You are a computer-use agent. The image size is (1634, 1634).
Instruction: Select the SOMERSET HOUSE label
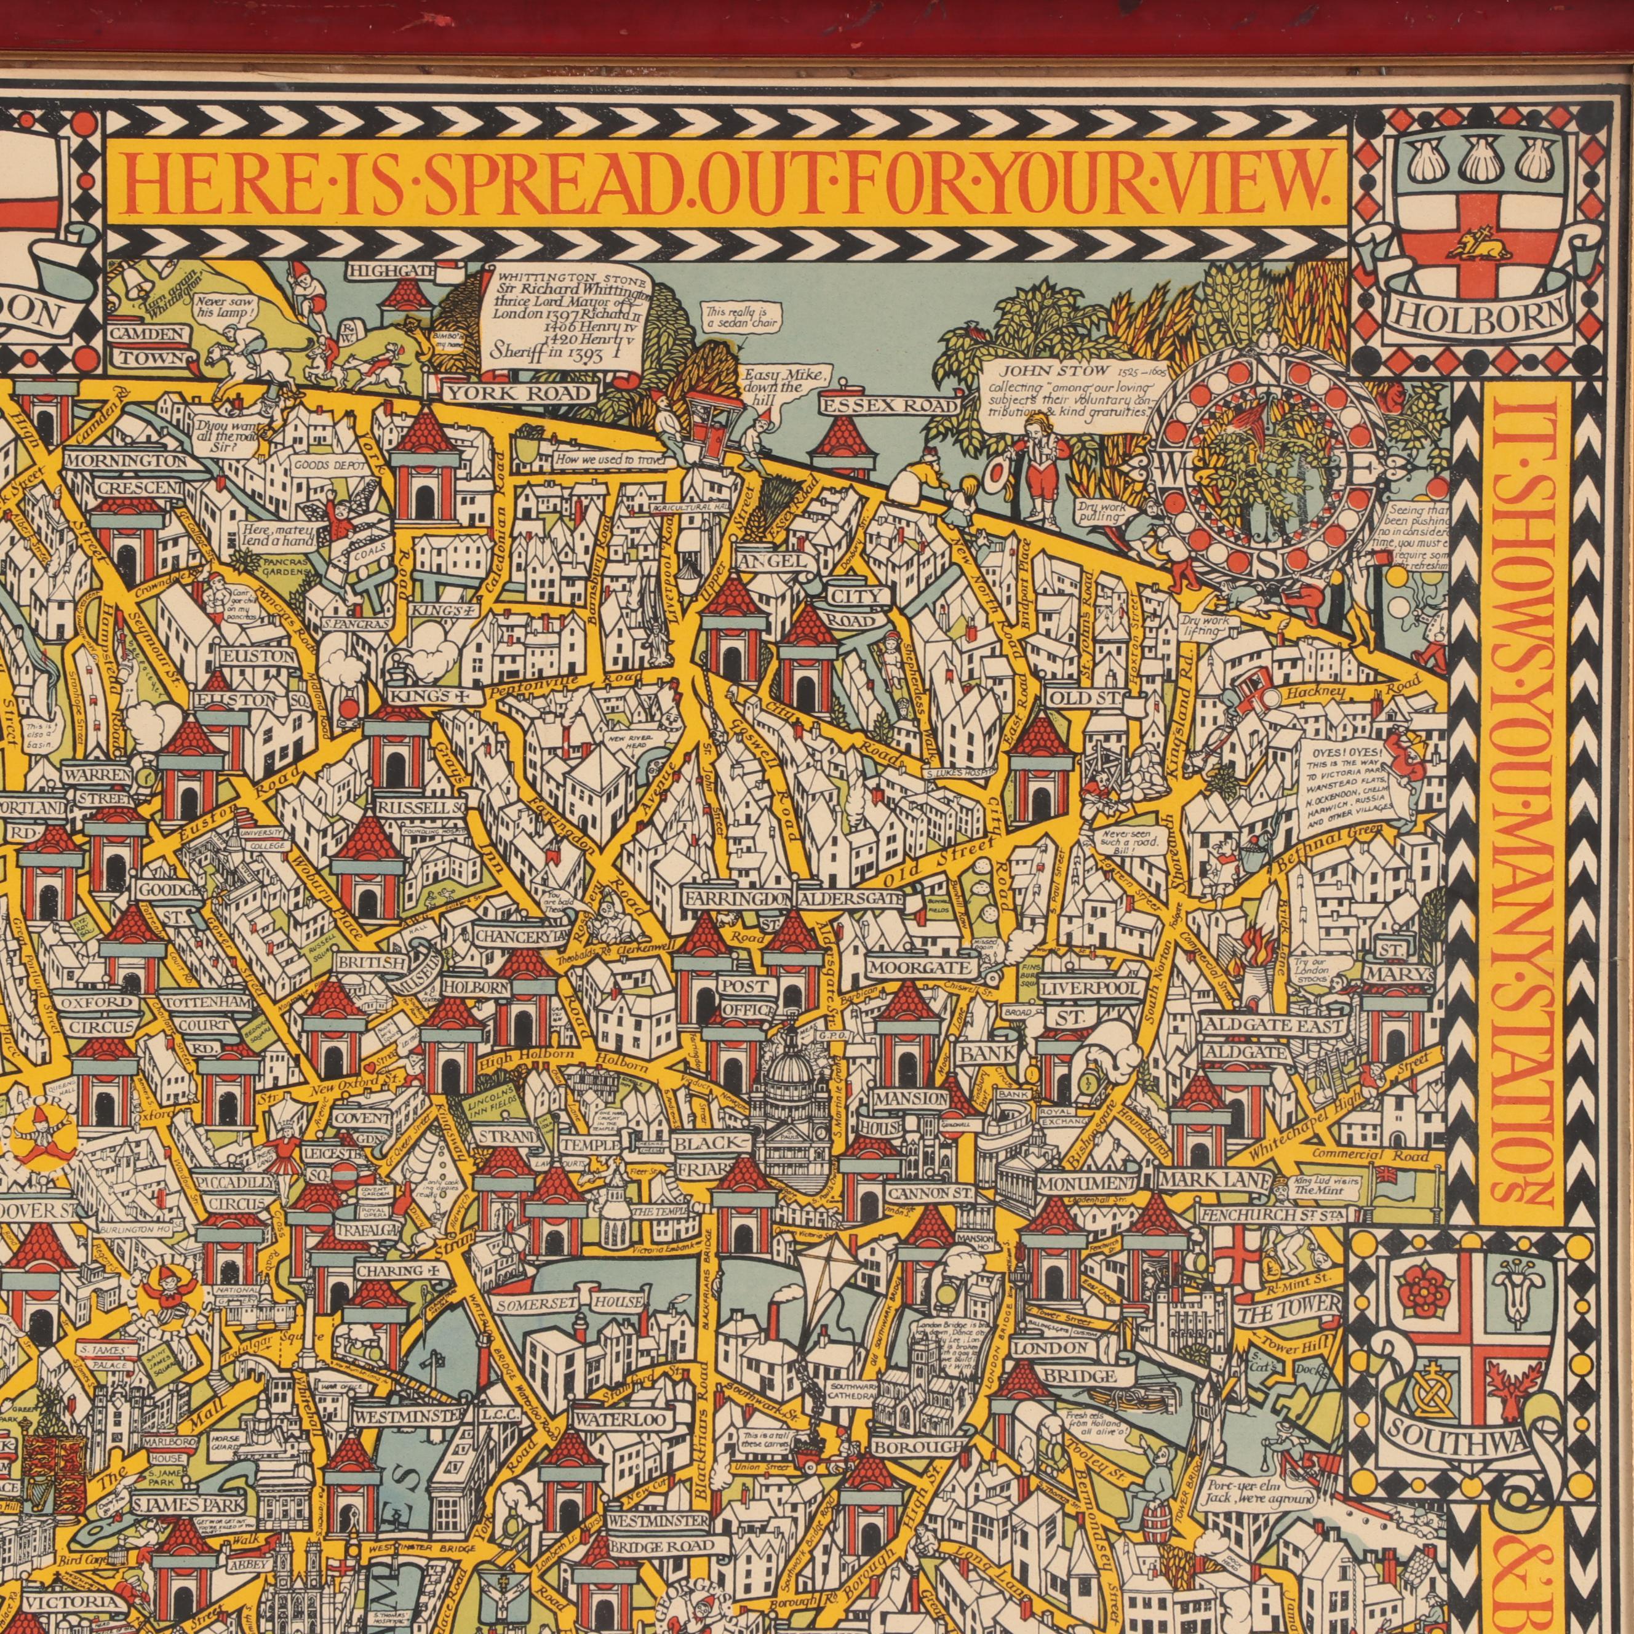(x=571, y=1302)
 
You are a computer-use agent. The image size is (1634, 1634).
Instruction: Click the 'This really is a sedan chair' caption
(x=743, y=318)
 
